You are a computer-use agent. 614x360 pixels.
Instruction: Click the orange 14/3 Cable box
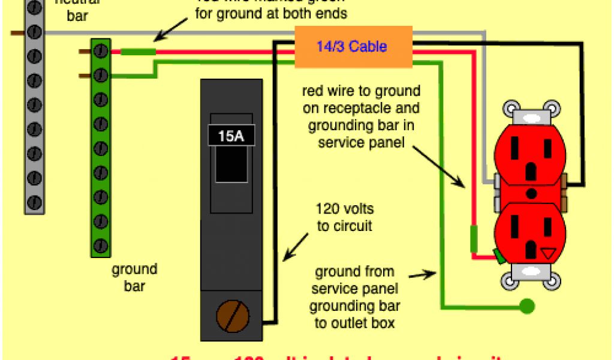353,46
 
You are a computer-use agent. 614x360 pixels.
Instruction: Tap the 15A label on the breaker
231,136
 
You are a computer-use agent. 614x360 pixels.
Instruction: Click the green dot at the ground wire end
526,307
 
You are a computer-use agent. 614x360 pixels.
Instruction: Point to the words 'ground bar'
134,277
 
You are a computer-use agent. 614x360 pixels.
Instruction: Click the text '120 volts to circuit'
344,217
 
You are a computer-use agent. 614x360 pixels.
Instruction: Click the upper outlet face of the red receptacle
531,159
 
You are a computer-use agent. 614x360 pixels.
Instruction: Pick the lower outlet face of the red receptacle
531,231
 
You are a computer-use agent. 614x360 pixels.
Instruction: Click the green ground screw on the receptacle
499,256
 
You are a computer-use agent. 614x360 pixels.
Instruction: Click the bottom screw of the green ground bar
100,245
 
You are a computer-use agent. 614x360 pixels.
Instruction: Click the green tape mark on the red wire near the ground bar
138,52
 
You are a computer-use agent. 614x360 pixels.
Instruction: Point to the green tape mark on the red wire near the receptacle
474,238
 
